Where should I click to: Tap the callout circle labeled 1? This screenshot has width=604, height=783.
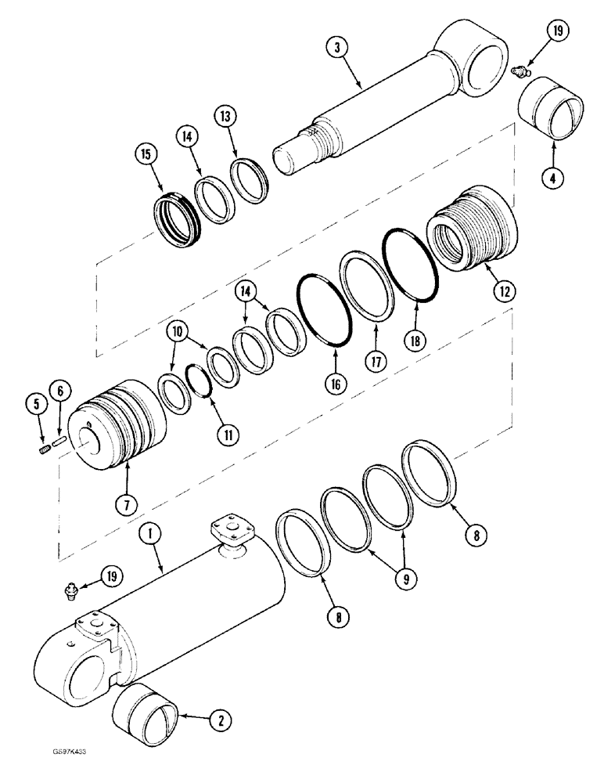150,535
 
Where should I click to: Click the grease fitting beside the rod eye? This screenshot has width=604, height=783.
516,72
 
